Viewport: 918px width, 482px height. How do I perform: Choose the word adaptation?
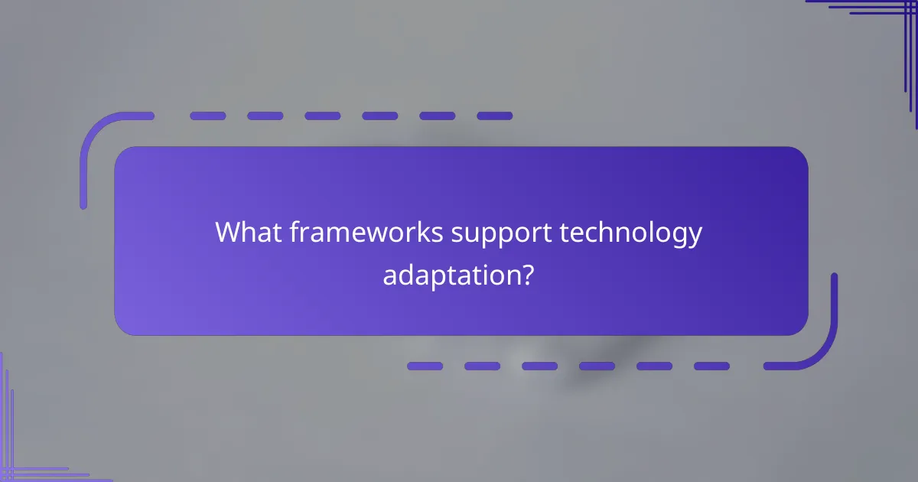coord(449,274)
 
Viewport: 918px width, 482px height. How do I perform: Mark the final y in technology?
coord(693,237)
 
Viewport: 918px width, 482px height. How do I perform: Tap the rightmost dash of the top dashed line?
coord(494,116)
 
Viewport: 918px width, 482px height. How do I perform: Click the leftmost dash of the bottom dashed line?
coord(425,366)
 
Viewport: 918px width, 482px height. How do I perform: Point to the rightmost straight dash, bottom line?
coord(711,366)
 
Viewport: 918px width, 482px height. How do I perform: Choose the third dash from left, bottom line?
coord(539,366)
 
